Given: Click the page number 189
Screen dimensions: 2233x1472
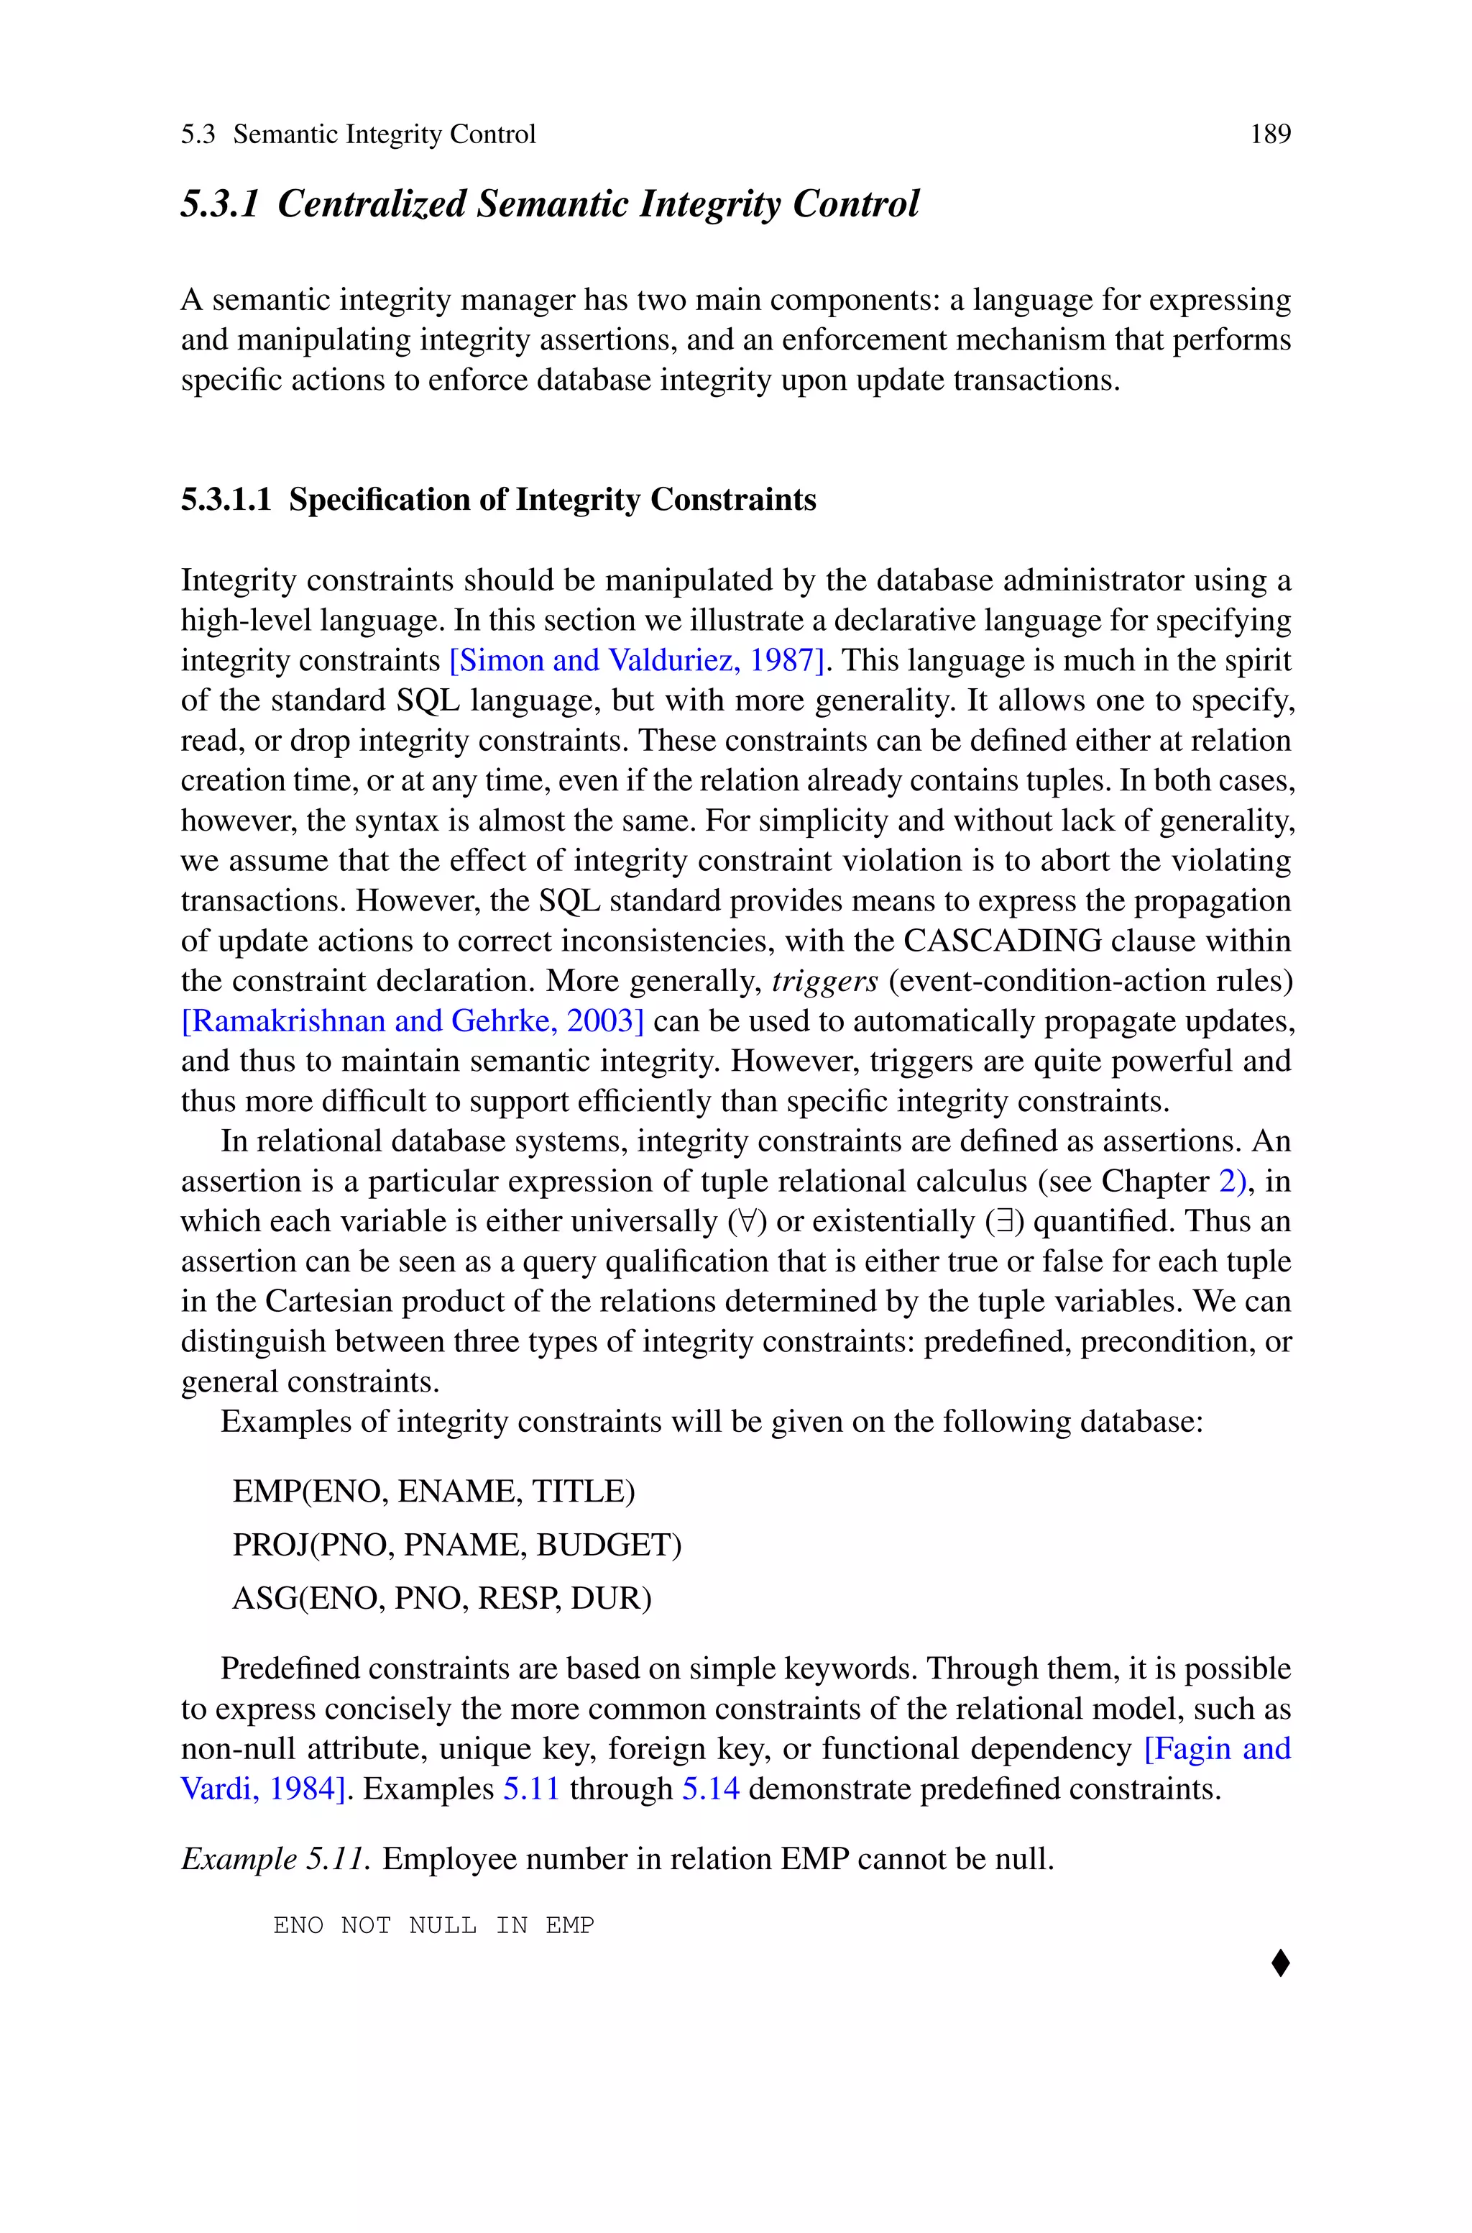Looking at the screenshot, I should (x=1270, y=134).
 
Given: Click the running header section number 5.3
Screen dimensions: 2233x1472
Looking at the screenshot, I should (x=198, y=134).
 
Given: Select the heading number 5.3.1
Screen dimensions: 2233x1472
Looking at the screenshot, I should (x=218, y=204).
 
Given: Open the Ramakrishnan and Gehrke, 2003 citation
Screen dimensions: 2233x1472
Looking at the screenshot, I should (x=412, y=1020).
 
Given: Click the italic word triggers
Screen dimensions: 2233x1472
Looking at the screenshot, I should (x=824, y=981).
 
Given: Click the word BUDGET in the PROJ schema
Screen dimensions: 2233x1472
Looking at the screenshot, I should (x=604, y=1545).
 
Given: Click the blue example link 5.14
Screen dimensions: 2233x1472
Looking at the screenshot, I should (x=709, y=1789).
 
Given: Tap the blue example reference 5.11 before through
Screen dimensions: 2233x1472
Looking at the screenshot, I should (x=531, y=1789).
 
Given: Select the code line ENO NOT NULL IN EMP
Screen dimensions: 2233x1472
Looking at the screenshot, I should (x=433, y=1926).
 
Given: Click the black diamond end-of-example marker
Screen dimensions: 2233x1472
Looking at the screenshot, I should (x=1281, y=1963).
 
